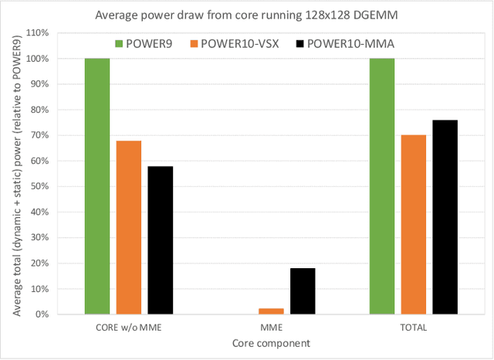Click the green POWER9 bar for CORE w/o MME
click(x=97, y=186)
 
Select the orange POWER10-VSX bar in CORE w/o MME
click(x=129, y=227)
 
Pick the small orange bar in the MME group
click(x=271, y=311)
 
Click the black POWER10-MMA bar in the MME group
click(x=303, y=291)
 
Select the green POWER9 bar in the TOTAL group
click(x=382, y=186)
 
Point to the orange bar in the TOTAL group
click(x=414, y=225)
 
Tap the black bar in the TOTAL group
click(x=445, y=217)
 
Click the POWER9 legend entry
click(x=154, y=44)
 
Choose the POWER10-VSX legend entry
click(x=240, y=44)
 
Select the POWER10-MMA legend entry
click(x=343, y=44)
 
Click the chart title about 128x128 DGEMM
click(x=246, y=13)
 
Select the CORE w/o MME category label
click(x=129, y=328)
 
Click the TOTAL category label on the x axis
click(x=414, y=328)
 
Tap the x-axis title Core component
click(x=271, y=343)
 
